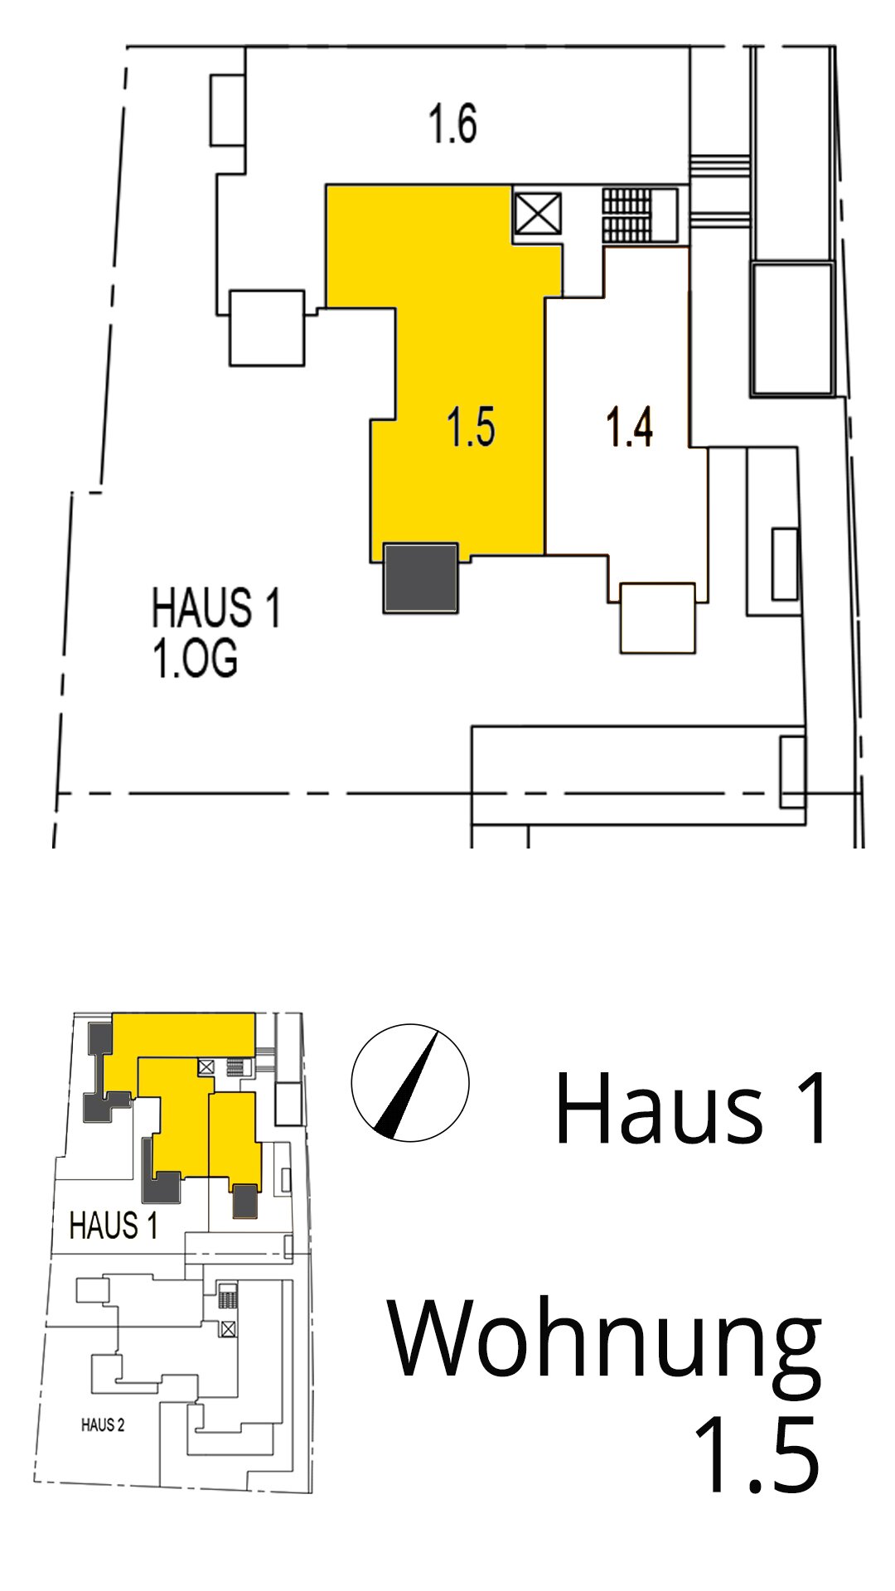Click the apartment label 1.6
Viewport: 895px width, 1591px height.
[452, 124]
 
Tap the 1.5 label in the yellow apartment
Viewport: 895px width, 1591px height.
[472, 428]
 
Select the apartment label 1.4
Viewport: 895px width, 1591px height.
[630, 428]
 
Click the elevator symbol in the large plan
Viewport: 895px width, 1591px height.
[537, 215]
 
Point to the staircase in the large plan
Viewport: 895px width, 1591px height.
[627, 215]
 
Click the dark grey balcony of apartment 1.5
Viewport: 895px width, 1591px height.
[420, 578]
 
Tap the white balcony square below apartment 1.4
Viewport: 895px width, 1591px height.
[657, 618]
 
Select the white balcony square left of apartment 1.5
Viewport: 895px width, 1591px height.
[267, 328]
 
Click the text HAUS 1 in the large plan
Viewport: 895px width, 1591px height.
[215, 607]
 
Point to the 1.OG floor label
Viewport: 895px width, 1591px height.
[195, 660]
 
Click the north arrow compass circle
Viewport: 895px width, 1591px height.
[410, 1083]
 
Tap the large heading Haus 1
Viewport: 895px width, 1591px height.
[691, 1108]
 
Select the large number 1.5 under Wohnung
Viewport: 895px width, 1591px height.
[757, 1456]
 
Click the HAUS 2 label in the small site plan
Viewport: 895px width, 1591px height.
[103, 1425]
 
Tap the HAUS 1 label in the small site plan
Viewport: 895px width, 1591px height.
[114, 1226]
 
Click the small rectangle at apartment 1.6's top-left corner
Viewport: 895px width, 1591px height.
[227, 110]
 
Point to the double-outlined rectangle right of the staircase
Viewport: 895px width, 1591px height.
[792, 329]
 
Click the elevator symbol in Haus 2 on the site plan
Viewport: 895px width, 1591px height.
[228, 1329]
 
